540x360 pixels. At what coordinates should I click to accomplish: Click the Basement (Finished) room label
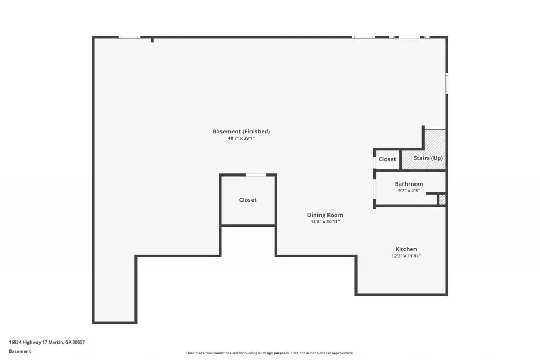241,131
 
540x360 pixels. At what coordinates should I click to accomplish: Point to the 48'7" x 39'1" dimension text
241,138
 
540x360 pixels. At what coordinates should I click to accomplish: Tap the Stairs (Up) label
428,158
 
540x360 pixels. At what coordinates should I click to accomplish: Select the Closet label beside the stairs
387,159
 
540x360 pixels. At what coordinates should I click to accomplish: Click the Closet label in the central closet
248,200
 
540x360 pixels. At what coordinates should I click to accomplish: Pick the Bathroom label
409,184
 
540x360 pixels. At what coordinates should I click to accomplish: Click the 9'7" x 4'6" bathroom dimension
409,191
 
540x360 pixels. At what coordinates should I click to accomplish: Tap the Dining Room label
325,215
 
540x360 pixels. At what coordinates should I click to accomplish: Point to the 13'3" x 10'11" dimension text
325,222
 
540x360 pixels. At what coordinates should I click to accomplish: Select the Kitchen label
406,249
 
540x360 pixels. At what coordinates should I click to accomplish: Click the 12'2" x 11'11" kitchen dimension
406,256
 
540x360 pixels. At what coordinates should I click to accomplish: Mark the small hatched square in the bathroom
442,199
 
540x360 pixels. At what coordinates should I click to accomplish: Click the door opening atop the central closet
256,175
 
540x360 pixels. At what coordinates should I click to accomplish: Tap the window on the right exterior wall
446,83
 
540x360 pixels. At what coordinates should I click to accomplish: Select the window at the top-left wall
129,37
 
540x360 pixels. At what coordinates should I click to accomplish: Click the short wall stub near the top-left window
152,40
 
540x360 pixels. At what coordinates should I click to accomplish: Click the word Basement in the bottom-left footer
20,351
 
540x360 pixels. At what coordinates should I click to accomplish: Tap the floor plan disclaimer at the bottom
269,353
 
